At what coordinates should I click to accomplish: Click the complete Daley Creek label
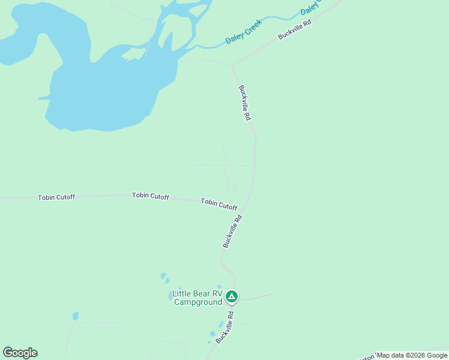244,35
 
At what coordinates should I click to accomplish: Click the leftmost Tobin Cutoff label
56,197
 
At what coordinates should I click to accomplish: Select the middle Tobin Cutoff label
151,196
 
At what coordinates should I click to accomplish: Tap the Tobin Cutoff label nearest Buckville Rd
219,204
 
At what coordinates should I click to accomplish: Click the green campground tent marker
232,296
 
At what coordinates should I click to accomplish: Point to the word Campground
198,302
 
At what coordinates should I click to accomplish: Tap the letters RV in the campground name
217,294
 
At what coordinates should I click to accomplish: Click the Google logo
20,353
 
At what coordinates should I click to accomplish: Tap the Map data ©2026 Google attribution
412,355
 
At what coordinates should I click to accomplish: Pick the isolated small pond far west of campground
76,316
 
